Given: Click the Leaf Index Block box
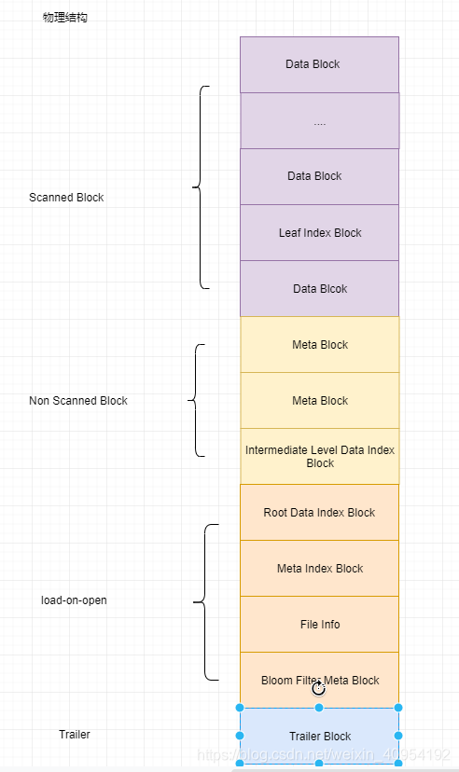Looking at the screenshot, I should click(319, 232).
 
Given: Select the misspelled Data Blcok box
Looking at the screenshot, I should click(319, 288).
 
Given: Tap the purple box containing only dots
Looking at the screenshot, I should click(319, 120).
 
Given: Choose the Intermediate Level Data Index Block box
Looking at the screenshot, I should click(319, 456).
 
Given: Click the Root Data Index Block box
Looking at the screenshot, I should click(319, 512).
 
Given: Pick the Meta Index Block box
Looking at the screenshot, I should click(319, 568).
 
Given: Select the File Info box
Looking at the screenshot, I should click(319, 624).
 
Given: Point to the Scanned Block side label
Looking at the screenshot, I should click(66, 198).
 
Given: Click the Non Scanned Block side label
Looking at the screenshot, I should click(78, 401).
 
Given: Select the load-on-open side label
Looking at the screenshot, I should click(75, 600).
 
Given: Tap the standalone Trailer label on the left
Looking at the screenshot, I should click(75, 735).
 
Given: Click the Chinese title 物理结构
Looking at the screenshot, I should click(65, 18).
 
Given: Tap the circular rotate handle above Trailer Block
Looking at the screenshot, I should click(318, 688).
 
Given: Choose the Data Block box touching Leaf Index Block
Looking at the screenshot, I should click(319, 176).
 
